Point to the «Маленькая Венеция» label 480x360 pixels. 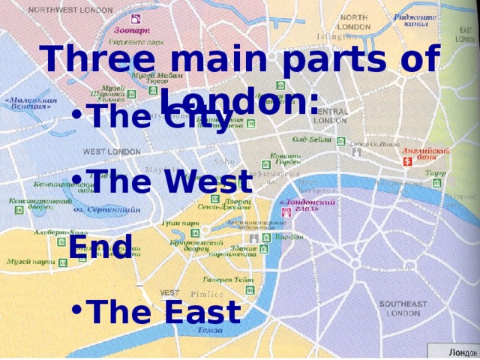point(31,103)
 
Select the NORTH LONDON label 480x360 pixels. point(355,22)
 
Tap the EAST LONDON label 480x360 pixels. point(466,34)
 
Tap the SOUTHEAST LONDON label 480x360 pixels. point(403,308)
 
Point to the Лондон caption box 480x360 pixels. point(454,352)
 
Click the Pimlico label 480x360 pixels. point(202,295)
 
